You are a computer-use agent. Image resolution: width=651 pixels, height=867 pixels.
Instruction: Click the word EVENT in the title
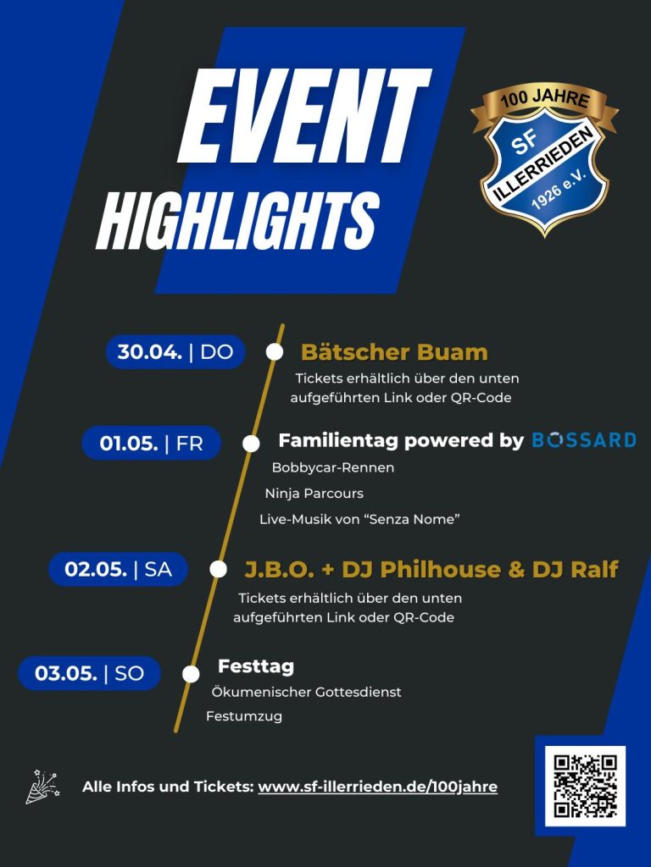(304, 116)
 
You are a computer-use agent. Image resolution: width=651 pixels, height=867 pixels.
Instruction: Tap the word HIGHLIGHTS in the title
(238, 221)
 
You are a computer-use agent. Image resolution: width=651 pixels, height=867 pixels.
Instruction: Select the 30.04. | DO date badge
(175, 351)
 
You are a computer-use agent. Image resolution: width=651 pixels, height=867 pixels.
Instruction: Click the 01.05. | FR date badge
(151, 443)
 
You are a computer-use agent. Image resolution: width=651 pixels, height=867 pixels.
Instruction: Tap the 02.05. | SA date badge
(118, 569)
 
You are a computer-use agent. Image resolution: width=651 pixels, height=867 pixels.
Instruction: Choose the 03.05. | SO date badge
(89, 673)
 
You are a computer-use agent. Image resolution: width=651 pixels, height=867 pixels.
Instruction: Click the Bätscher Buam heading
(394, 352)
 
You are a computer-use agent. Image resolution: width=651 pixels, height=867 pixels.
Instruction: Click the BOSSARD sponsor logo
(584, 440)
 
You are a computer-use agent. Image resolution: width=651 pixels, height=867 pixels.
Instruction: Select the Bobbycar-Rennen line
(333, 467)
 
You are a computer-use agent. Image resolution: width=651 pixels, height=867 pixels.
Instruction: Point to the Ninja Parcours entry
(314, 494)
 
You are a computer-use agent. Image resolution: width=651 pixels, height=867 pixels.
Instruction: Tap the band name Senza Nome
(413, 519)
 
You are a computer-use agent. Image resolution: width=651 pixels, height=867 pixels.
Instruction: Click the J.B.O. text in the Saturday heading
(280, 570)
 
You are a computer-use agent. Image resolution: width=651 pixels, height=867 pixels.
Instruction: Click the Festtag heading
(256, 666)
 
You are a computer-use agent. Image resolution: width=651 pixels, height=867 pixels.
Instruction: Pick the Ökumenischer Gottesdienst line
(306, 692)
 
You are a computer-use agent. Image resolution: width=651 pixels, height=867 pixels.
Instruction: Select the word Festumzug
(244, 716)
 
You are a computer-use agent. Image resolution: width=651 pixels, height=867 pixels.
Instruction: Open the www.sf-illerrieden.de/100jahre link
(377, 787)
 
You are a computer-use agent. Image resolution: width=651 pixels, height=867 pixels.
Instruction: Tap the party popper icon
(42, 787)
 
